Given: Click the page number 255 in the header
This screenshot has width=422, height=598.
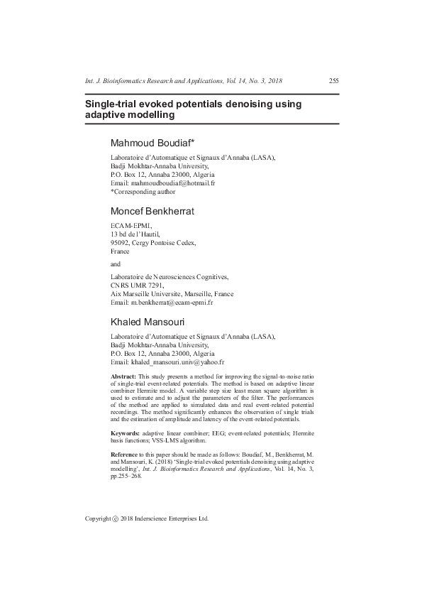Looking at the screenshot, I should point(333,81).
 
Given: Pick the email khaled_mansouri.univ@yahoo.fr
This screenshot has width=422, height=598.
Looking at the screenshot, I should point(179,361).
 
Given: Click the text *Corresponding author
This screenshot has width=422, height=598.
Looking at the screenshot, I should point(143,191).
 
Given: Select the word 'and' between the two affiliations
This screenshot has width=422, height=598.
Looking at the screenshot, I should point(116,264).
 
